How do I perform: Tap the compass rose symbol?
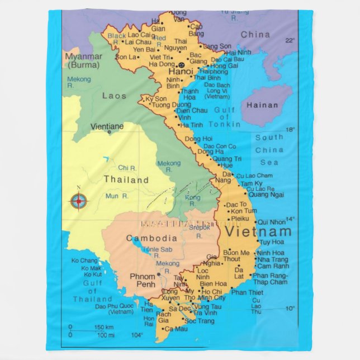79,200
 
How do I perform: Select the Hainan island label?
262,105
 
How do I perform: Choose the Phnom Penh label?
143,281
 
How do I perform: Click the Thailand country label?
126,180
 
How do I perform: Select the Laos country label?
114,96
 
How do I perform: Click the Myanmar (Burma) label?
83,60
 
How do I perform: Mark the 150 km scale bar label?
105,327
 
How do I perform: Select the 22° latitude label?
289,40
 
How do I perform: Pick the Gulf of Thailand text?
92,291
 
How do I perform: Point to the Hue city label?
226,166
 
